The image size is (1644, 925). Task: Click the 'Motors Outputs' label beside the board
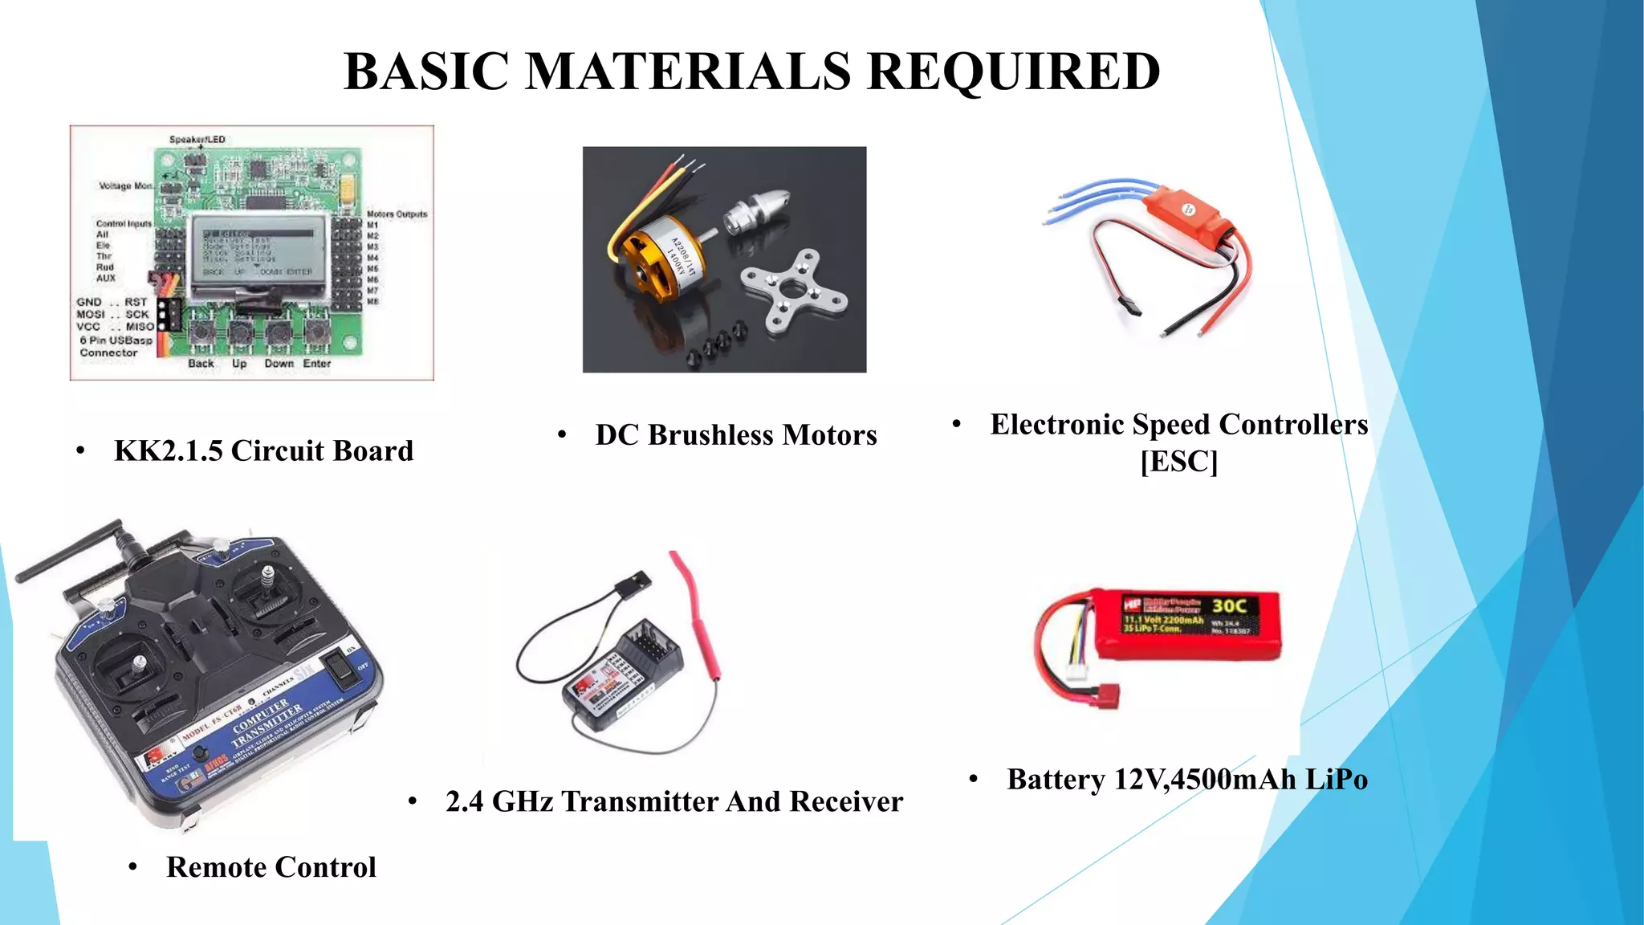[x=397, y=214]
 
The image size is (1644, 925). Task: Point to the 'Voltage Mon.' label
[x=125, y=186]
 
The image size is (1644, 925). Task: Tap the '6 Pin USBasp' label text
[x=116, y=340]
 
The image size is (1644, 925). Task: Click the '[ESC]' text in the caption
[x=1178, y=462]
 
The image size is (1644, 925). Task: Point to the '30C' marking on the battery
[x=1229, y=606]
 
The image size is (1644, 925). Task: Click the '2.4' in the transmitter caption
[x=464, y=801]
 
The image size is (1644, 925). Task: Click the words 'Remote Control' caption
[x=271, y=867]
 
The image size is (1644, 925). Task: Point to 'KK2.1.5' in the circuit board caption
[x=168, y=451]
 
